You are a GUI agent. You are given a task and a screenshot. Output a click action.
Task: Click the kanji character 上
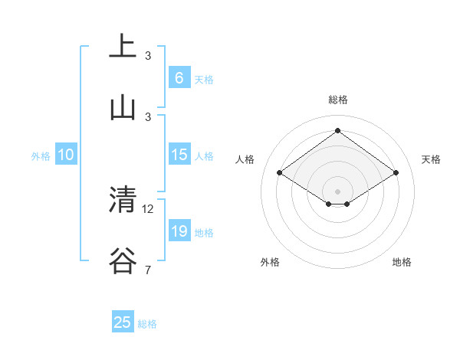123,47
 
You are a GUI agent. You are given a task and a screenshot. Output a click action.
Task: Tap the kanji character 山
123,108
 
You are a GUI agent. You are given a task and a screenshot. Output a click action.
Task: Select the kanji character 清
123,200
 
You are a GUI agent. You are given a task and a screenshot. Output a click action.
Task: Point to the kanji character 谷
123,261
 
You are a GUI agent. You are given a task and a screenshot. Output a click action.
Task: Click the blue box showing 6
179,77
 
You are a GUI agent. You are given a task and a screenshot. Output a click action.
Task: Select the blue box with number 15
179,155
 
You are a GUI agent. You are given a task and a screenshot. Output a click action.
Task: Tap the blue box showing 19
179,231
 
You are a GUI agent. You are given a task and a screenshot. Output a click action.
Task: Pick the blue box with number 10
66,155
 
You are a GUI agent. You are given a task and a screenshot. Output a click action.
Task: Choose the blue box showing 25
123,322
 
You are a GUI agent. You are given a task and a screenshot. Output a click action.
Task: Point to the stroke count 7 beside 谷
148,270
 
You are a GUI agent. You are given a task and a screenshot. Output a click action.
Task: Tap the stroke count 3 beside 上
148,55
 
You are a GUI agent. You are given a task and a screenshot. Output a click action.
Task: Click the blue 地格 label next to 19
204,233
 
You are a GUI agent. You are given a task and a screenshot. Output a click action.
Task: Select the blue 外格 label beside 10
41,156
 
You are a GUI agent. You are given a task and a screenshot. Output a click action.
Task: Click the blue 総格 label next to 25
147,324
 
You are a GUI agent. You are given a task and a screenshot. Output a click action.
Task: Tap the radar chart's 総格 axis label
337,100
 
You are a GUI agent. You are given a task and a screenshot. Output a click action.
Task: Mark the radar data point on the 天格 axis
396,173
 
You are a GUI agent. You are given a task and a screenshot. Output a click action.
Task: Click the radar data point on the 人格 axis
280,173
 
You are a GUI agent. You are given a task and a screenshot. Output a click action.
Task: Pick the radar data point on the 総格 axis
337,131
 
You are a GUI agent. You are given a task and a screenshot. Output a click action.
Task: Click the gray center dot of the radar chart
337,190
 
